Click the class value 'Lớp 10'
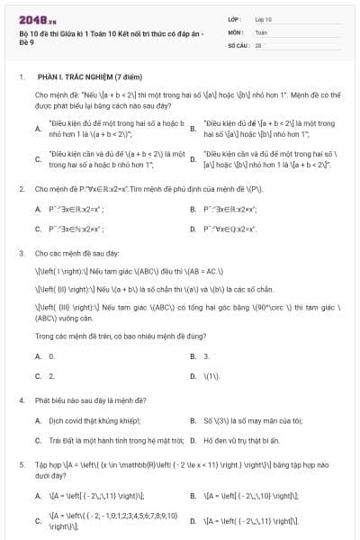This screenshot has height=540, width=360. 264,19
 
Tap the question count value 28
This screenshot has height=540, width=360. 258,44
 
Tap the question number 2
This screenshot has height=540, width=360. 21,189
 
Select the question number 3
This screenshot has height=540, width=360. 21,255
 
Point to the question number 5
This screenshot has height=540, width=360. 21,464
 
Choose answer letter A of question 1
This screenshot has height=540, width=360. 38,128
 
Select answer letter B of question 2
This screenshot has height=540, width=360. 193,210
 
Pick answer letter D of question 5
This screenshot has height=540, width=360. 193,520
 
